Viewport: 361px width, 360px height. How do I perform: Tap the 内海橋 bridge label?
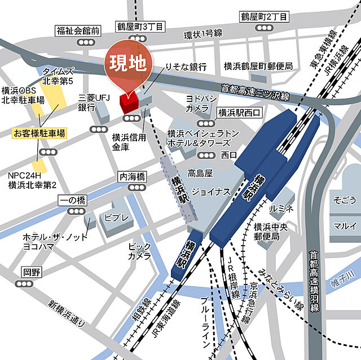(x=132, y=176)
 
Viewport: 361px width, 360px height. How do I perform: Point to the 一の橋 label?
(x=71, y=200)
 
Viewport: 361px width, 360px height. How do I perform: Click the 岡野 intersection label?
(x=32, y=272)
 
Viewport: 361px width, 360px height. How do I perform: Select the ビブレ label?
(x=117, y=218)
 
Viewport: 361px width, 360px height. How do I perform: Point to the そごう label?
(x=345, y=200)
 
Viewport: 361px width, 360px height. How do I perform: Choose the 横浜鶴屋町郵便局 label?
(x=257, y=65)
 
